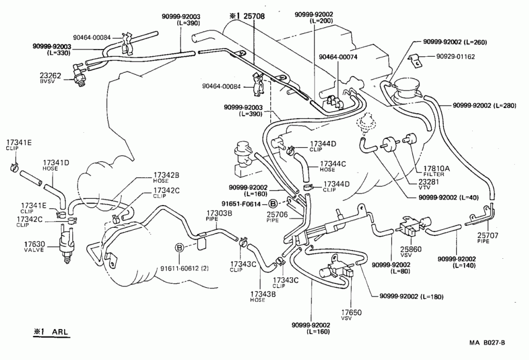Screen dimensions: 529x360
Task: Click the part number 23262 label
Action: [50, 75]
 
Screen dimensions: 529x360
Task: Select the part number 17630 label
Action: [35, 244]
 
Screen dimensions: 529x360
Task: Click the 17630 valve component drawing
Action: [66, 245]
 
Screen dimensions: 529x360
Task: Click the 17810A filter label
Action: [437, 168]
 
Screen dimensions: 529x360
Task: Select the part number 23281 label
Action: [429, 181]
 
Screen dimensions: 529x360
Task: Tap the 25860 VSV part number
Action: [411, 249]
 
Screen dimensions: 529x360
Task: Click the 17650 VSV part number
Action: [351, 312]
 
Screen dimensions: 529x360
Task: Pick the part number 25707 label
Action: [488, 236]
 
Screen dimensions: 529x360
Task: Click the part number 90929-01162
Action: [456, 56]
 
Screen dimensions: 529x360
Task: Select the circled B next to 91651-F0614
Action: [273, 204]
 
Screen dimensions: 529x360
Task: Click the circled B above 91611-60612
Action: [179, 248]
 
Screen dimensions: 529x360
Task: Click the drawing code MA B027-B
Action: [487, 343]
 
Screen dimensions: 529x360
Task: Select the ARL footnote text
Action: [60, 332]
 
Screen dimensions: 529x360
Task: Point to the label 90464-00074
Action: [338, 57]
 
